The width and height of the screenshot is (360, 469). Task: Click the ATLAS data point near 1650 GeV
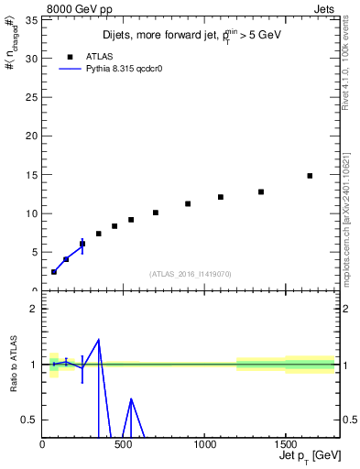tap(310, 176)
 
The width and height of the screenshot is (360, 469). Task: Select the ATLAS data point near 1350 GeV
tap(261, 191)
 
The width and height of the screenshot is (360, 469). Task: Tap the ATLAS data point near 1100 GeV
tap(221, 197)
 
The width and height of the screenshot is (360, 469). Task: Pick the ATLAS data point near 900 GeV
tap(188, 203)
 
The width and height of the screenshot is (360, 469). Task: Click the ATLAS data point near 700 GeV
tap(156, 213)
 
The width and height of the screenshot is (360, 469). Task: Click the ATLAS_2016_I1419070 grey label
tap(190, 274)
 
